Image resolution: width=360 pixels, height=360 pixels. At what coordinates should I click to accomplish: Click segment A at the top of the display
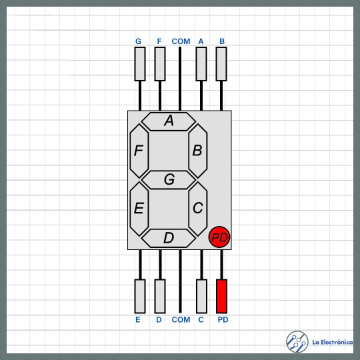(168, 121)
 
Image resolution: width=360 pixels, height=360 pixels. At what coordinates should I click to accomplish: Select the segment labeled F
(139, 151)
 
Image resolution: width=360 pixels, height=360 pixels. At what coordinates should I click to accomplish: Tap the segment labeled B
(198, 151)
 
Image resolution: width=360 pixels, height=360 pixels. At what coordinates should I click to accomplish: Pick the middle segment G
(168, 180)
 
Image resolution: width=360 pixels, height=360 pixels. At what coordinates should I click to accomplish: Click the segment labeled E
(139, 209)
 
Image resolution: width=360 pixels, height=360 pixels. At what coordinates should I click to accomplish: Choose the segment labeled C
(198, 209)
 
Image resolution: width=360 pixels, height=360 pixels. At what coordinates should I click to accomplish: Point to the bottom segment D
(168, 238)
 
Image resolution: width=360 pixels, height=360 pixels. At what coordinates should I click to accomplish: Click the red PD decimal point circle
(219, 237)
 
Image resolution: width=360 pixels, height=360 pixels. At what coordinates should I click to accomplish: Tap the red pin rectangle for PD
(221, 296)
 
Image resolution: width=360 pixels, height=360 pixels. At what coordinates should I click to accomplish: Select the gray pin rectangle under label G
(140, 64)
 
